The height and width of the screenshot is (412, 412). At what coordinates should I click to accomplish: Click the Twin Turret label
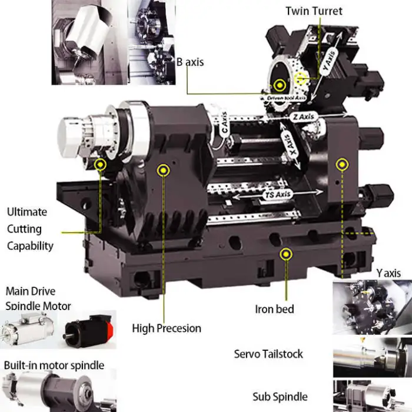[313, 11]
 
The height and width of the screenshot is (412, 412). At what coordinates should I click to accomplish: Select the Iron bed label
[274, 308]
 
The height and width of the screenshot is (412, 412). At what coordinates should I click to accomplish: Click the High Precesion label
[167, 328]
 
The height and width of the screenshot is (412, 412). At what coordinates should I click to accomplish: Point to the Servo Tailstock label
[268, 354]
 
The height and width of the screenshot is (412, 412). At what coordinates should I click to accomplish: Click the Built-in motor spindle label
[54, 366]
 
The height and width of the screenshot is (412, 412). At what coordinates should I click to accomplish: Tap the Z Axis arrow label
[304, 117]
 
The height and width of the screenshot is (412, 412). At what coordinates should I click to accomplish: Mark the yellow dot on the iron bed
[287, 254]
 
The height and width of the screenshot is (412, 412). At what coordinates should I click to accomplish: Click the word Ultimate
[27, 212]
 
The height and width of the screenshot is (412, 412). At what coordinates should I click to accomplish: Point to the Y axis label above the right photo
[388, 273]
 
